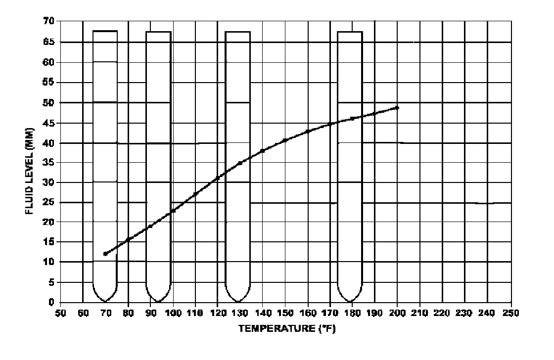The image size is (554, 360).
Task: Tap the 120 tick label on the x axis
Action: tap(217, 313)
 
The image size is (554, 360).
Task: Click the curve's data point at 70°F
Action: tap(105, 254)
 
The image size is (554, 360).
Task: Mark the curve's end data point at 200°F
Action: tap(397, 107)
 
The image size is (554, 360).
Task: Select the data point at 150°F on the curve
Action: tap(285, 140)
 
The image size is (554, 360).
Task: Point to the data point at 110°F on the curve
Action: tap(195, 194)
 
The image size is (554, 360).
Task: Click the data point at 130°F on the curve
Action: tap(240, 163)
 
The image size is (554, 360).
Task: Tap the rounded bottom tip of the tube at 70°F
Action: tap(105, 301)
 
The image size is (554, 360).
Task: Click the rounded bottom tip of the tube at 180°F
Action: tap(350, 301)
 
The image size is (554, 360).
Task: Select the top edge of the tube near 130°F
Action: tap(238, 32)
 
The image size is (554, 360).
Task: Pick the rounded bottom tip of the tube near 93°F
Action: tap(158, 301)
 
